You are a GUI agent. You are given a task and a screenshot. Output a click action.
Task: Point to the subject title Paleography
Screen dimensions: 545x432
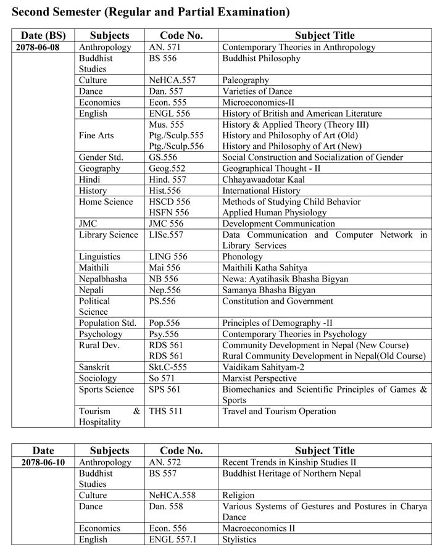click(246, 80)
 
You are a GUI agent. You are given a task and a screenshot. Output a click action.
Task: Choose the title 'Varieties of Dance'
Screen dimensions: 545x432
click(257, 91)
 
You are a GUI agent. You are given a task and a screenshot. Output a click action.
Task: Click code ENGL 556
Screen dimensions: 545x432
click(170, 114)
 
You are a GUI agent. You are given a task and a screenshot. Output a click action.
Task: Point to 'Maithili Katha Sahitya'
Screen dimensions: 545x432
click(265, 268)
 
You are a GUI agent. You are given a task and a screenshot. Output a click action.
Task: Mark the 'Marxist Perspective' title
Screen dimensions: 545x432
click(259, 378)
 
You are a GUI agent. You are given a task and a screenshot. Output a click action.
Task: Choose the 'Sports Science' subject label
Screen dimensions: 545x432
click(106, 389)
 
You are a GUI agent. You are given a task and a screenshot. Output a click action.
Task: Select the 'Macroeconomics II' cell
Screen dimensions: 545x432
click(259, 528)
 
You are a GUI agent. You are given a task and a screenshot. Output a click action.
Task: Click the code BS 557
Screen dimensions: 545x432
click(163, 473)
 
